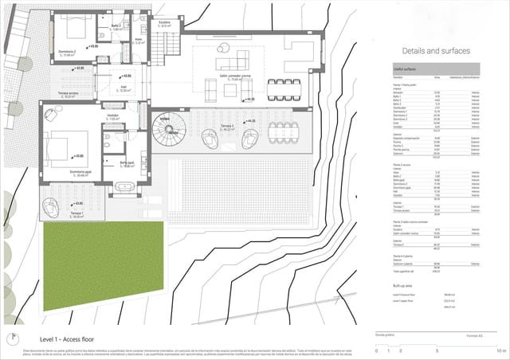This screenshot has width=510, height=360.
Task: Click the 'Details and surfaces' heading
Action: [x=432, y=51]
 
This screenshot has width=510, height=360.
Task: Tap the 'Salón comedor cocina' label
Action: [x=230, y=78]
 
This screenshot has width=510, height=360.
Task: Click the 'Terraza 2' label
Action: [x=229, y=126]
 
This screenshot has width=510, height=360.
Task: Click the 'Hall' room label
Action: [x=124, y=88]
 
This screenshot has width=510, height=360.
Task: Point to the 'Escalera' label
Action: [x=165, y=22]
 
